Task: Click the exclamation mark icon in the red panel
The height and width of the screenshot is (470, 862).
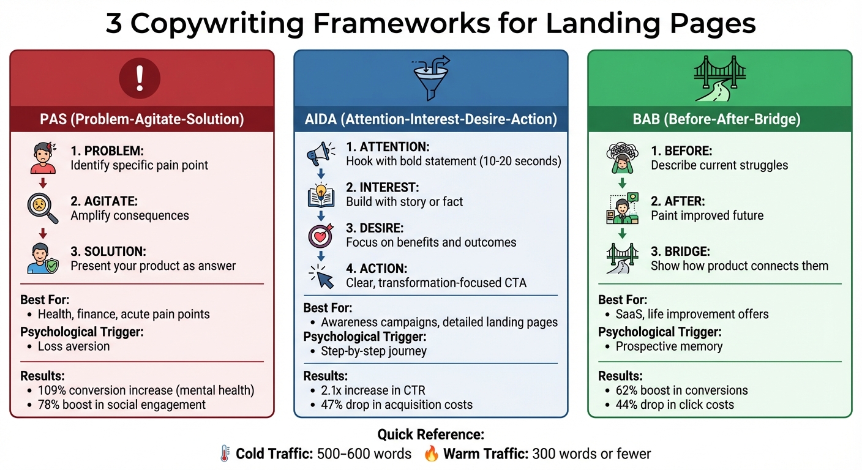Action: click(x=140, y=79)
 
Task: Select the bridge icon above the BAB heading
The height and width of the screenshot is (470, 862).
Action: click(x=719, y=80)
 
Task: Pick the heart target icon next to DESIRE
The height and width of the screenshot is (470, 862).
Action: click(x=321, y=236)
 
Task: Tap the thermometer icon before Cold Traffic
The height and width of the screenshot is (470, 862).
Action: click(x=225, y=454)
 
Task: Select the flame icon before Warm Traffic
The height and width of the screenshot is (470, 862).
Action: click(x=432, y=454)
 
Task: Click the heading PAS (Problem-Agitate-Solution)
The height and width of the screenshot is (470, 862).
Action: click(x=142, y=119)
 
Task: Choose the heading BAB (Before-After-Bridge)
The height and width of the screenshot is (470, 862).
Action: click(x=719, y=119)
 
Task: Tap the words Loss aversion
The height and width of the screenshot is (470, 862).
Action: click(x=74, y=346)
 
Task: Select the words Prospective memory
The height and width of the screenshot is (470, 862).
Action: click(x=669, y=346)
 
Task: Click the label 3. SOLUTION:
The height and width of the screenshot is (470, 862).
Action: click(x=108, y=252)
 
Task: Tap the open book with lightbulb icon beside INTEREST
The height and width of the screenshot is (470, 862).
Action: click(x=321, y=195)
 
